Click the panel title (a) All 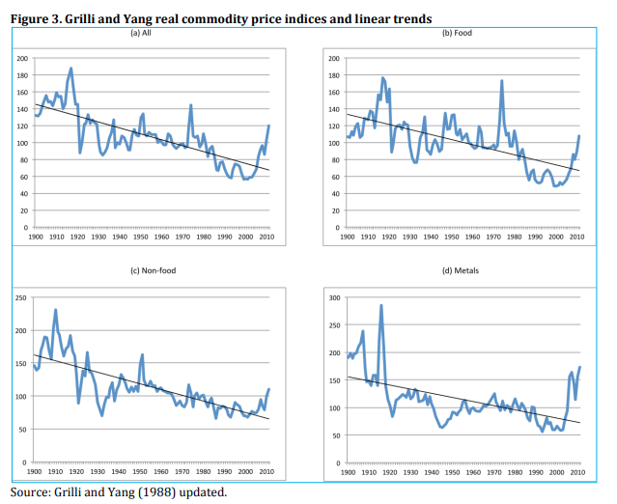(144, 33)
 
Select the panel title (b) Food (457, 33)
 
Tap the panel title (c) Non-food (143, 271)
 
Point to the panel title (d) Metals (460, 271)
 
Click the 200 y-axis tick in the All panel (21, 60)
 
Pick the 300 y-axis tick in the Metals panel (334, 297)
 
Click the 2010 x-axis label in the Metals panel (578, 473)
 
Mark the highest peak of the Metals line (381, 306)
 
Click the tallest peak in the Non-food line (55, 310)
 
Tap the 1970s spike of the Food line (502, 81)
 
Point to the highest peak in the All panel (70, 70)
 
